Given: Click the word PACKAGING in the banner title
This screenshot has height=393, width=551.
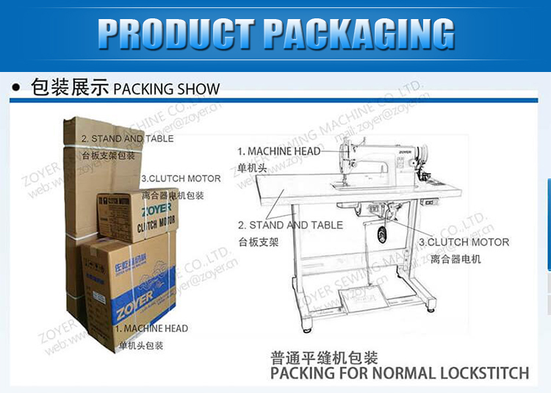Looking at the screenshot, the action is [x=359, y=34].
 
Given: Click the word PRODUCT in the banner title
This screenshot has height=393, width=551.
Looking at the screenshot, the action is [x=176, y=34].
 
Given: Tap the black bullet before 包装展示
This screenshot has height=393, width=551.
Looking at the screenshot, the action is [x=16, y=88].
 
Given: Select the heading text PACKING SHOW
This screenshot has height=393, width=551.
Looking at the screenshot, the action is [x=166, y=90].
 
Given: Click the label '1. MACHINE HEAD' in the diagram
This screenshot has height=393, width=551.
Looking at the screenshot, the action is [x=278, y=151].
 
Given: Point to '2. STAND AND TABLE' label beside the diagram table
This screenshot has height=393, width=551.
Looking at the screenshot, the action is [x=290, y=225].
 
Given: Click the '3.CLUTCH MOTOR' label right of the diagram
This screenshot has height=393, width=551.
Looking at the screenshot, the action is [x=464, y=242].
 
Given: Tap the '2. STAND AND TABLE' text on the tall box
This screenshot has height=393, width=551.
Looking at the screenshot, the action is [x=127, y=138].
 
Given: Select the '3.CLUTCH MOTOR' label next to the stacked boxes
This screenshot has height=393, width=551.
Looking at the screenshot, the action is [x=181, y=179].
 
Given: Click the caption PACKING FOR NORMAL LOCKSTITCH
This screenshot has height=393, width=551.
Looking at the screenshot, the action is [x=399, y=373].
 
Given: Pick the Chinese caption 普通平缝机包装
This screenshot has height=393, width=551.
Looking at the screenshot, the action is [x=324, y=358].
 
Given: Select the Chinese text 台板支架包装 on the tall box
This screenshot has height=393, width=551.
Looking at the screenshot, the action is [x=108, y=155].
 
